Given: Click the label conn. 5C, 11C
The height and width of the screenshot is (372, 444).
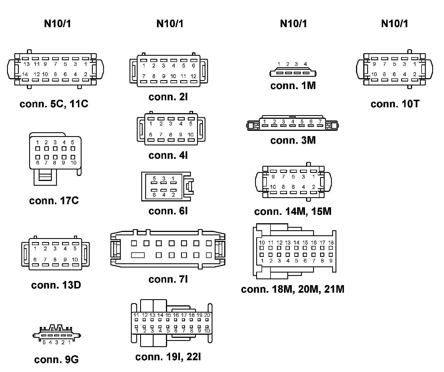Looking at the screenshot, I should click(54, 104).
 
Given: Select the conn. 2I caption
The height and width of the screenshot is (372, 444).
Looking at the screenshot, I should click(168, 97).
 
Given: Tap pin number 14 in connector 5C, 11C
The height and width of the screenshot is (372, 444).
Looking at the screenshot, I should click(25, 74).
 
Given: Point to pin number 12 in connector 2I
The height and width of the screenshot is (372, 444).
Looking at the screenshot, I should click(193, 76).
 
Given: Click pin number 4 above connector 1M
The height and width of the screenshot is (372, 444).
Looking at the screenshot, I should click(305, 64).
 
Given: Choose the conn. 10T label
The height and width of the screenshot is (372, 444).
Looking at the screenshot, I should click(395, 104).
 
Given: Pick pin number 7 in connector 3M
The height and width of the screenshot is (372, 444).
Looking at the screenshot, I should click(320, 122).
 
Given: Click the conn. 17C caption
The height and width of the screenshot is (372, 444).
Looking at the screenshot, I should click(54, 201).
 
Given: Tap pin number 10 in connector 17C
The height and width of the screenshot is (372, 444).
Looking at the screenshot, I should click(73, 163).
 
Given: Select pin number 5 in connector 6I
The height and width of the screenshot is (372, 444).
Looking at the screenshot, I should click(154, 178).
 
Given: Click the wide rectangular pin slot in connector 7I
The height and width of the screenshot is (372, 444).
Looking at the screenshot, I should click(138, 255).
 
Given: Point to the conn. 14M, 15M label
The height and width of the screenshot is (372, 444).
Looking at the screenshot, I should click(293, 211).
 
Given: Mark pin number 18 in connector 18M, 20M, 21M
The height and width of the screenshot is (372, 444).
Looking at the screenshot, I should click(331, 243).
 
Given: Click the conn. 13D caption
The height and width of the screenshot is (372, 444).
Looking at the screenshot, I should click(56, 285).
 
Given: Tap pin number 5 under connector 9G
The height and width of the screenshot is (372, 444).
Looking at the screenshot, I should click(44, 342).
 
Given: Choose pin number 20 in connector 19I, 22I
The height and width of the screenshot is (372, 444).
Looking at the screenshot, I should click(207, 315).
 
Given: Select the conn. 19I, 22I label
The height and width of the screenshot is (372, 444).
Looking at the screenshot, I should click(168, 357).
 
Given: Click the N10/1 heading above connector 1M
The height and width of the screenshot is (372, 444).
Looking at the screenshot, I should click(293, 24).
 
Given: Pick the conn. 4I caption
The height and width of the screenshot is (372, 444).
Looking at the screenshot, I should click(168, 155).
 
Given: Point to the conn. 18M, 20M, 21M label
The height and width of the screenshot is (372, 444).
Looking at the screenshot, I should click(292, 289).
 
